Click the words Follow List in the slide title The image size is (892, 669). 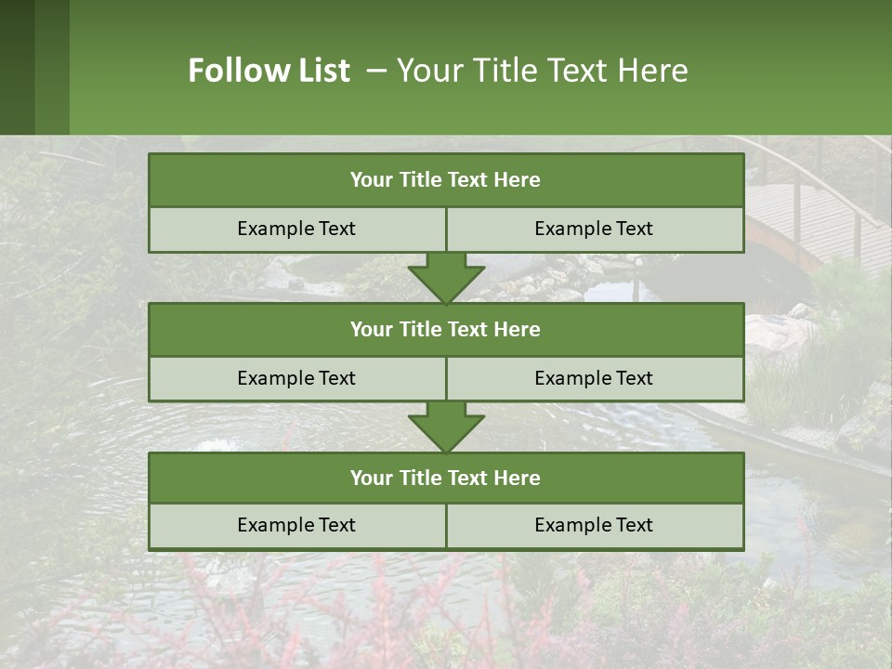269,71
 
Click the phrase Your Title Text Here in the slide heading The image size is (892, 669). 542,71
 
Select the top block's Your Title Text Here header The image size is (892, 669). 445,180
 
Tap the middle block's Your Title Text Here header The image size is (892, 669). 445,329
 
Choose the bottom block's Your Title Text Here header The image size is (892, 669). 445,478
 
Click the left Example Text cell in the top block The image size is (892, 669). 296,229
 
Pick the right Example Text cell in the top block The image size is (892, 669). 594,229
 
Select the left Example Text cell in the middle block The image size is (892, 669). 296,378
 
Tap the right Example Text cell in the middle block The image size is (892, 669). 594,378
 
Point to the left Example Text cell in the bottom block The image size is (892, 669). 296,525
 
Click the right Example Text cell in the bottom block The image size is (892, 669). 594,525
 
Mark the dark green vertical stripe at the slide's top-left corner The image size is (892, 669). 17,67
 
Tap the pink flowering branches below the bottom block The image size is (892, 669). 390,604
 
